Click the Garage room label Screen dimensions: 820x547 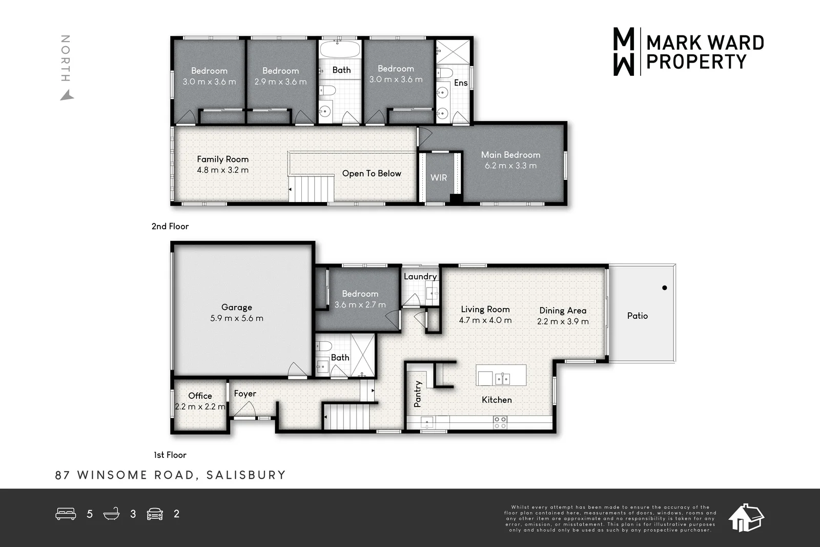pos(236,307)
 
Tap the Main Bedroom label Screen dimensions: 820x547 pos(510,155)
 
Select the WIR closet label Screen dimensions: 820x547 pos(439,177)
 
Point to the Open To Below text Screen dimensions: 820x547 pos(372,174)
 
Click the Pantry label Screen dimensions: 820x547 pos(418,394)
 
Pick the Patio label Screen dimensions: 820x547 pos(638,316)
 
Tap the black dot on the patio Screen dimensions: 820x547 pos(664,288)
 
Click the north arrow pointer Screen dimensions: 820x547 pos(67,96)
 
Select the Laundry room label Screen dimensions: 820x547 pos(420,276)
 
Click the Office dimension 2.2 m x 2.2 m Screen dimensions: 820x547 pos(200,407)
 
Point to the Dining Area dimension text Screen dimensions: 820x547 pos(563,321)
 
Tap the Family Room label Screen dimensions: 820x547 pos(222,159)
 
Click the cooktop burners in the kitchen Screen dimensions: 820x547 pos(500,422)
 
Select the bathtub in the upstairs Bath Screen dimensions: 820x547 pos(340,50)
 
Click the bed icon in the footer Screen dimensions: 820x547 pos(66,514)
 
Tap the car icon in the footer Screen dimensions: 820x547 pos(155,514)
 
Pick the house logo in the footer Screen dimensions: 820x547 pos(746,518)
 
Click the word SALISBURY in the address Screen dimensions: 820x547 pos(246,475)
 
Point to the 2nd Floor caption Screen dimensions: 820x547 pos(170,226)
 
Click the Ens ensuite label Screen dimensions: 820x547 pos(461,83)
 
